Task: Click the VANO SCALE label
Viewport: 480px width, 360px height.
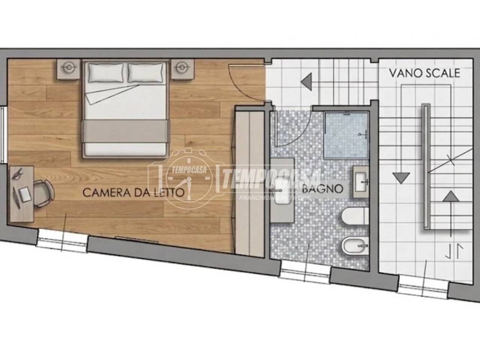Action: (424, 73)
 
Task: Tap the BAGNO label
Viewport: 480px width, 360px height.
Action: (322, 189)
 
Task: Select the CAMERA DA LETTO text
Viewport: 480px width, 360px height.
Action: (133, 193)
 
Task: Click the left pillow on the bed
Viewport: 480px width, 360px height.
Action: (106, 73)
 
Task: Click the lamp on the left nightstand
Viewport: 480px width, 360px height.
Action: (69, 67)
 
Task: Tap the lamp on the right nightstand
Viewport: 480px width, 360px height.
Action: (182, 67)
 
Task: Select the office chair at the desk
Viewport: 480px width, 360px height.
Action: (43, 193)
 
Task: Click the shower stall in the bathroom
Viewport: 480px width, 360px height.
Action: (346, 135)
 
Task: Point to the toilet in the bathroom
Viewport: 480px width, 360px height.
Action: (355, 216)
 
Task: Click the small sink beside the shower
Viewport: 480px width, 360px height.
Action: (361, 182)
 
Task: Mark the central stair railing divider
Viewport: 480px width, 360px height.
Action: (426, 166)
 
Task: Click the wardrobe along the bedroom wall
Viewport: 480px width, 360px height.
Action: (250, 181)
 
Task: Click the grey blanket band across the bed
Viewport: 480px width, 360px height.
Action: (125, 131)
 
